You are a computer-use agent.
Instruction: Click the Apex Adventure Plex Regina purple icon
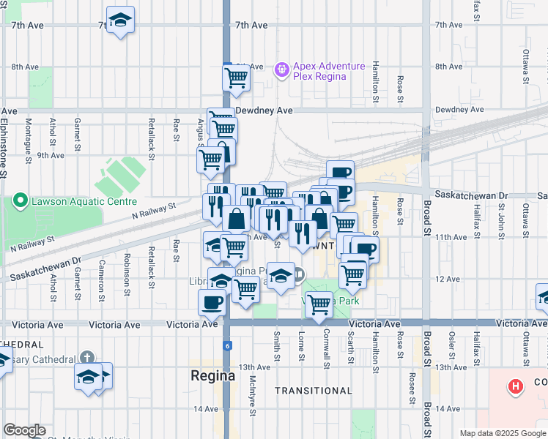coord(281,71)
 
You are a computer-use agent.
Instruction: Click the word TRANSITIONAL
coord(308,391)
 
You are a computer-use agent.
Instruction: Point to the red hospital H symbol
coord(516,386)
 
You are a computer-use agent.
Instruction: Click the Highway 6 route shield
coord(227,345)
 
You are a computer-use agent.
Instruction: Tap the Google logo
coord(24,430)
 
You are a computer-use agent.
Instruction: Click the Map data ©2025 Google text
coord(502,433)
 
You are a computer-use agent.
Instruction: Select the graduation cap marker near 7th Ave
coord(120,20)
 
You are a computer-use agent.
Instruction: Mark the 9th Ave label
coord(51,155)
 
